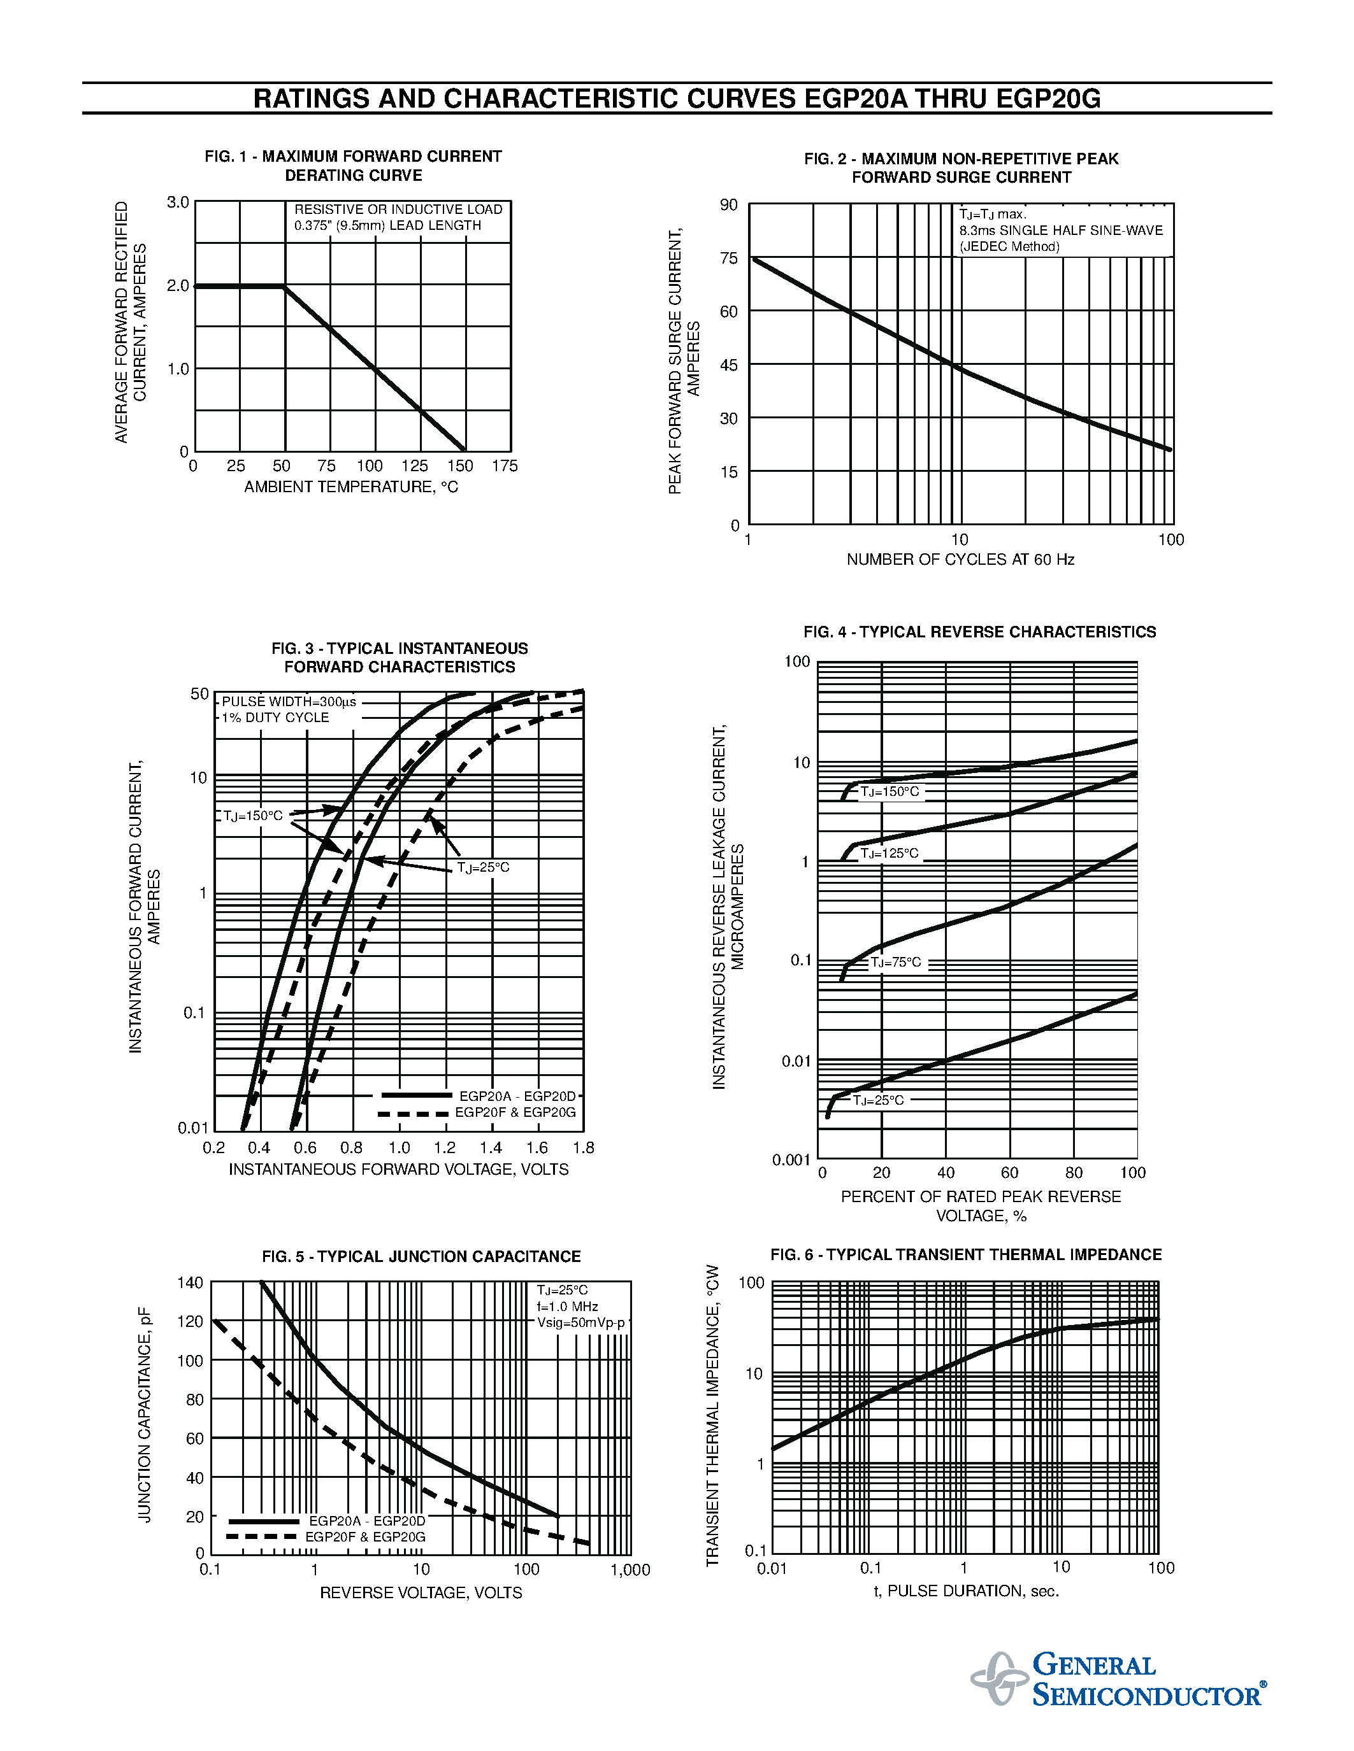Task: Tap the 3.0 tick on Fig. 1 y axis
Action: pos(178,202)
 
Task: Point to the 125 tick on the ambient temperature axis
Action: pos(415,466)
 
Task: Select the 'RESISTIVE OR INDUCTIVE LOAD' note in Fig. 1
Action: pos(398,209)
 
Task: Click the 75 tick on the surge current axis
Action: pos(728,258)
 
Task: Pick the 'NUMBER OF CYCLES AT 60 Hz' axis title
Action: pos(960,560)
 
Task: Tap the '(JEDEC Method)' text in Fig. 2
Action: pos(1009,247)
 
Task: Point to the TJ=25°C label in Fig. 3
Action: pos(483,867)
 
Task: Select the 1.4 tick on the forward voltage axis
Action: pos(491,1148)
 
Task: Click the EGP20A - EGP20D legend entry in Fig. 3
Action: pos(517,1096)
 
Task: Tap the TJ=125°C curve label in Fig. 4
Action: pos(889,854)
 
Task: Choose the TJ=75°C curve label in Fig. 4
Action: pos(896,962)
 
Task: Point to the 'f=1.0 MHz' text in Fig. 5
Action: pos(568,1306)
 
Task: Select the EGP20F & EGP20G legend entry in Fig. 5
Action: pos(365,1537)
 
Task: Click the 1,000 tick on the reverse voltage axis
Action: pos(630,1570)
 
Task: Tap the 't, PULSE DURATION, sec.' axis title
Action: pos(966,1591)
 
